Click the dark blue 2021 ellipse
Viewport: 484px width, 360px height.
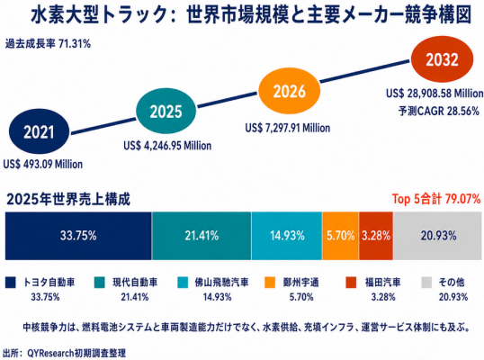click(40, 131)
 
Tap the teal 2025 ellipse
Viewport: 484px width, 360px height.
click(166, 111)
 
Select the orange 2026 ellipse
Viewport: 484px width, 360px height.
click(289, 91)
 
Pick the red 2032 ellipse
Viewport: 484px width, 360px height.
click(442, 59)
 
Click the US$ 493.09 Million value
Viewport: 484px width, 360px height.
click(43, 165)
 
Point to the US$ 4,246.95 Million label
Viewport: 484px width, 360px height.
click(167, 146)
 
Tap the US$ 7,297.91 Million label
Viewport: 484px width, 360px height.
click(288, 128)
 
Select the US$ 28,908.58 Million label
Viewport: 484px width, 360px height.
click(435, 94)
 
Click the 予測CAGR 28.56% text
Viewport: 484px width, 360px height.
click(439, 111)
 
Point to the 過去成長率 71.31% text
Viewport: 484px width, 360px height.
click(48, 44)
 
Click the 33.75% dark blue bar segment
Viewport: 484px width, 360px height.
click(78, 236)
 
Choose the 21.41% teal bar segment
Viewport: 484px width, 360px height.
click(202, 236)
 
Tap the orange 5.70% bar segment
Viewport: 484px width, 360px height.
click(340, 236)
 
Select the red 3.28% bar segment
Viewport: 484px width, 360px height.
click(376, 236)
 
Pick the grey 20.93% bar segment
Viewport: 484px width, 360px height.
click(438, 236)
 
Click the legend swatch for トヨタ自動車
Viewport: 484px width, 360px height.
click(10, 283)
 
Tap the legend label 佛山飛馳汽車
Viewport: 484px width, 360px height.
click(221, 283)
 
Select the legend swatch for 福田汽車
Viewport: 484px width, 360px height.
click(351, 283)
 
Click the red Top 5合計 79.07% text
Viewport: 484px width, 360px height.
click(436, 199)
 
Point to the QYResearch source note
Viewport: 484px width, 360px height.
click(65, 353)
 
